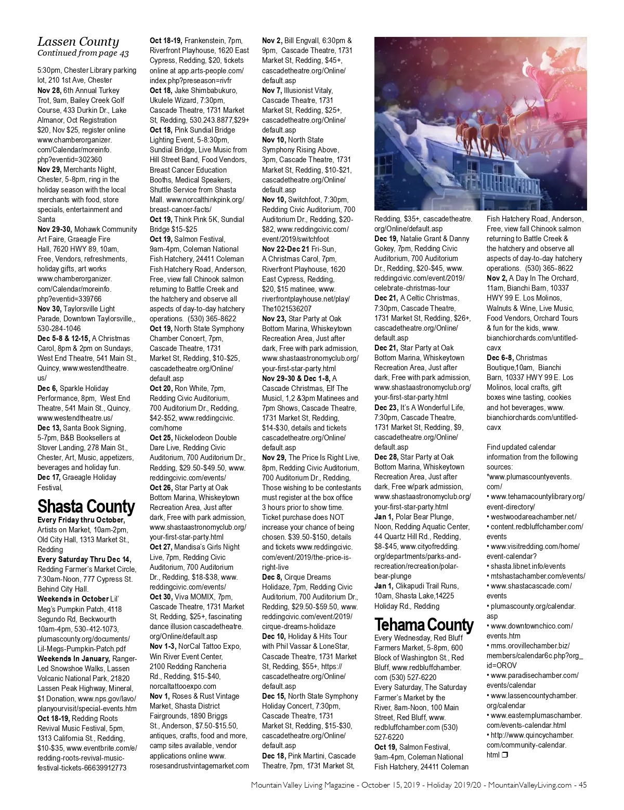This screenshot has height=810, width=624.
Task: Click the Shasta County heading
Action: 86,506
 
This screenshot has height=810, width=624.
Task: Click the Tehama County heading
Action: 424,624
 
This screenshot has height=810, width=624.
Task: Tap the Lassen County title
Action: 78,42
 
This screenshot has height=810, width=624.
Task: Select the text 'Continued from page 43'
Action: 83,53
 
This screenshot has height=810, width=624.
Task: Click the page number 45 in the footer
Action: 582,785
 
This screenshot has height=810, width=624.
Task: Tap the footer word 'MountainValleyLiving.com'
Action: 530,785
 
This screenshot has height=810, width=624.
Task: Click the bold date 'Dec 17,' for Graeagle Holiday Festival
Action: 49,477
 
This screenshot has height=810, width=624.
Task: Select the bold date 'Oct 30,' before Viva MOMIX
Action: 161,597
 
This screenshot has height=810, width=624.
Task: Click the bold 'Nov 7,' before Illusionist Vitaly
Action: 272,90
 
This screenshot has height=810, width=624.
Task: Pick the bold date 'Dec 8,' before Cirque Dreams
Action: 272,577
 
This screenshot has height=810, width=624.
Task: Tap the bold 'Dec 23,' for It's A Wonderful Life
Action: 386,408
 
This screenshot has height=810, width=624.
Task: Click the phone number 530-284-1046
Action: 59,329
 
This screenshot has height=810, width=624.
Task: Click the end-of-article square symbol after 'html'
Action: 504,755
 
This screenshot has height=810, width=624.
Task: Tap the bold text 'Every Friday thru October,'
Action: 81,520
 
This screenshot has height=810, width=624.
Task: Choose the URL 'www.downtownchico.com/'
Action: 531,626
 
